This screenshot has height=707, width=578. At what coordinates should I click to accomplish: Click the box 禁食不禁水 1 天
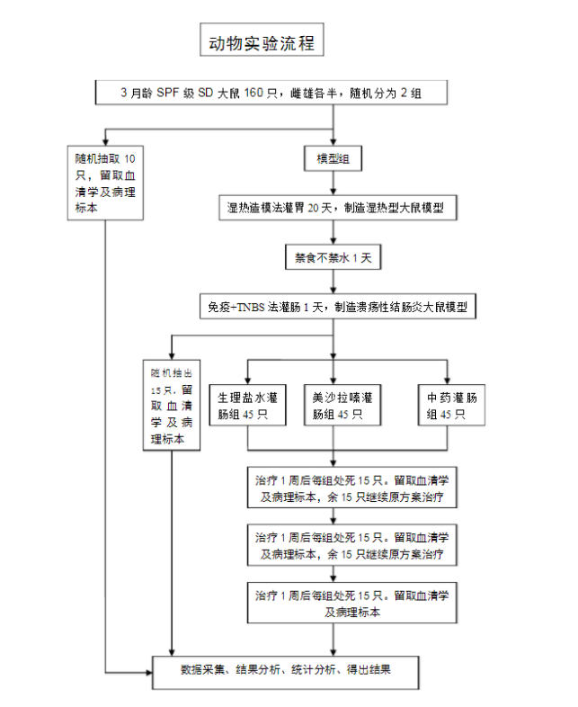(x=333, y=257)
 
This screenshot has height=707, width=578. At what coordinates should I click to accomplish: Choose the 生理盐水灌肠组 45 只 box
(x=247, y=406)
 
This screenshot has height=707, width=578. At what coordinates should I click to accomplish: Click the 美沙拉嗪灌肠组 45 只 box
(x=335, y=406)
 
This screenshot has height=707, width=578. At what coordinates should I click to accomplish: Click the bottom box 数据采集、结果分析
(x=285, y=669)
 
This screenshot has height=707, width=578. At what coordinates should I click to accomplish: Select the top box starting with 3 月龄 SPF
(x=271, y=94)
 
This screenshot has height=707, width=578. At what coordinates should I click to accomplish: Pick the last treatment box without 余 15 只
(x=352, y=603)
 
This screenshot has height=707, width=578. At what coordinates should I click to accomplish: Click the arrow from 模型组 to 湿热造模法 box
(x=333, y=183)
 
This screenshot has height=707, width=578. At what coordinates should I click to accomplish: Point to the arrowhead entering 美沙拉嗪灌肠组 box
(x=334, y=378)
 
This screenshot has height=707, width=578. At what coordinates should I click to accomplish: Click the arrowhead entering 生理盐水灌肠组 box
(x=247, y=378)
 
